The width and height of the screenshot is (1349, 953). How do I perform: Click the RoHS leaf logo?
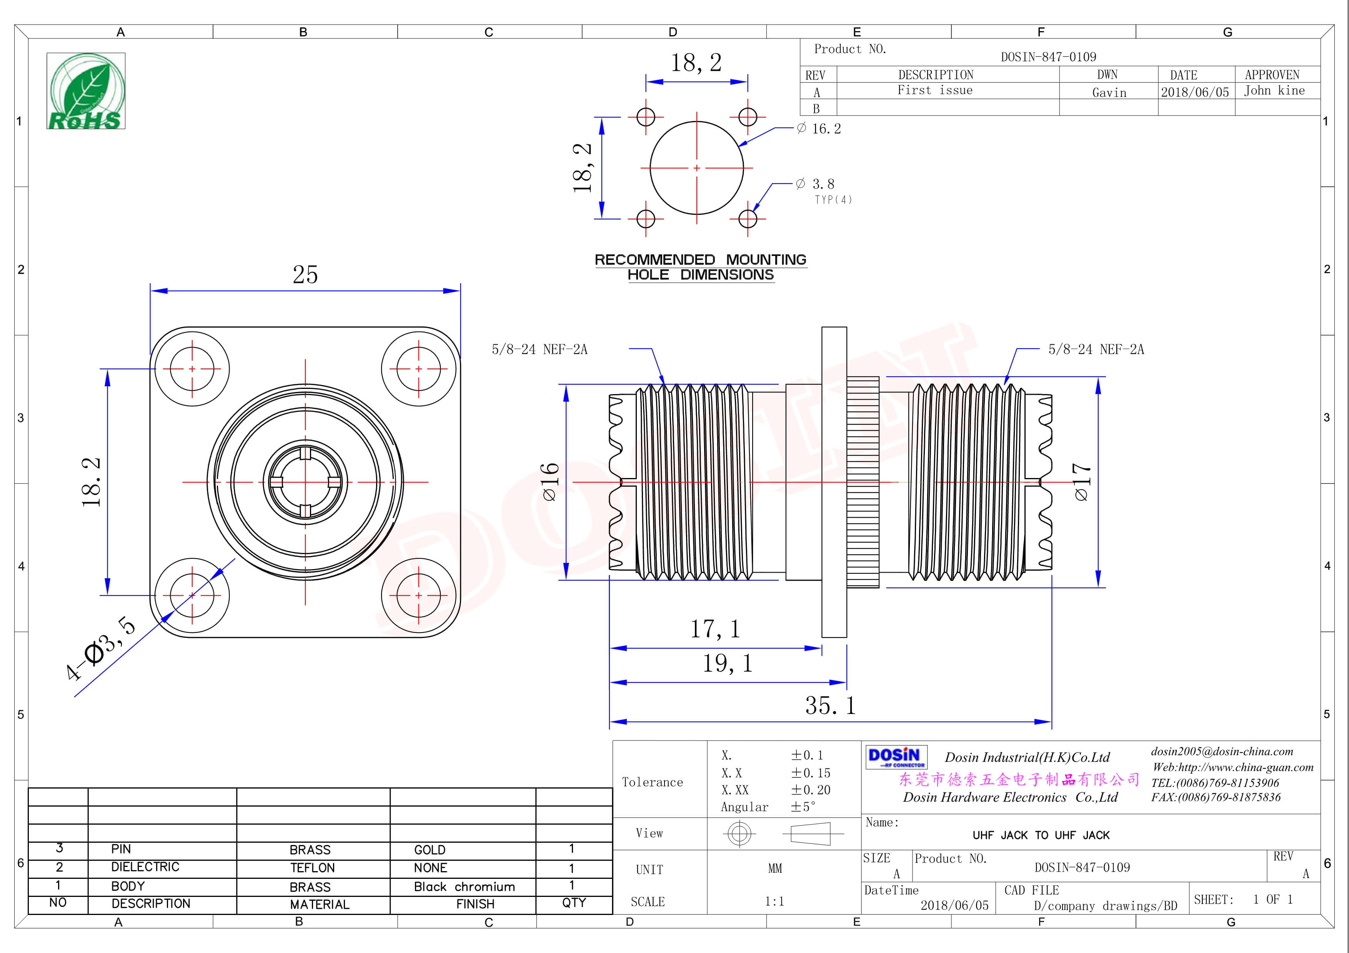tap(86, 91)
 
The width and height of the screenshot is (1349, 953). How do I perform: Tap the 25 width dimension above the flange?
tap(305, 274)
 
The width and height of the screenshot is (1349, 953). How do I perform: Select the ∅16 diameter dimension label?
tap(550, 481)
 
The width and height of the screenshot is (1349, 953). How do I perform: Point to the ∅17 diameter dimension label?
tap(1081, 481)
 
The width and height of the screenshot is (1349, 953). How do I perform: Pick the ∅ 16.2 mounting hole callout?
tap(819, 129)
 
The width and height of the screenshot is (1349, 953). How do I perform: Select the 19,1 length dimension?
tap(728, 663)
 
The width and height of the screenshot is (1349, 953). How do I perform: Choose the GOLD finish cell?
tap(430, 850)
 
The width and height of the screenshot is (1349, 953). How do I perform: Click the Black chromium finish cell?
tap(464, 887)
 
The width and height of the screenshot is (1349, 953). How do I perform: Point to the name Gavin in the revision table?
tap(1109, 93)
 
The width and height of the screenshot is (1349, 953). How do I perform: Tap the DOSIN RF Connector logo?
tap(895, 757)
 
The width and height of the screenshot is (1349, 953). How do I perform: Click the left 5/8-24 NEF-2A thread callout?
tap(540, 349)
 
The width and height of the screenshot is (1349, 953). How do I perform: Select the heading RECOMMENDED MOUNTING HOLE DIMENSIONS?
tap(700, 267)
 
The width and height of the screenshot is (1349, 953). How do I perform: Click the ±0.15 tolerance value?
tap(810, 773)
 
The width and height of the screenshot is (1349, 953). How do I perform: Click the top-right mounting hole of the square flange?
tap(418, 369)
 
